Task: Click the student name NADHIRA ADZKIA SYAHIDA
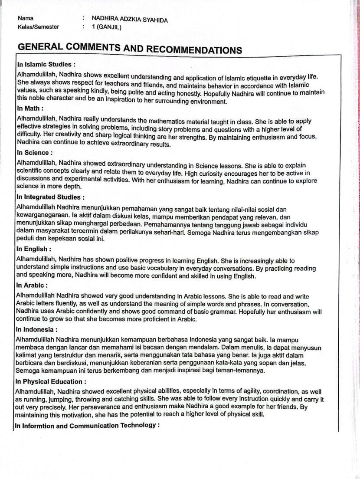(x=130, y=20)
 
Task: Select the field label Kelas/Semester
(x=39, y=27)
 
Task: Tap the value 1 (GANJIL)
(x=107, y=27)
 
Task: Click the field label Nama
(x=26, y=19)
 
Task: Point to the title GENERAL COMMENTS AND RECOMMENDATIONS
(x=130, y=49)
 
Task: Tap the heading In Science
(x=34, y=153)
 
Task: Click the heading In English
(x=34, y=249)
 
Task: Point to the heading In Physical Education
(x=51, y=382)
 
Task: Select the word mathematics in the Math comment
(x=170, y=121)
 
